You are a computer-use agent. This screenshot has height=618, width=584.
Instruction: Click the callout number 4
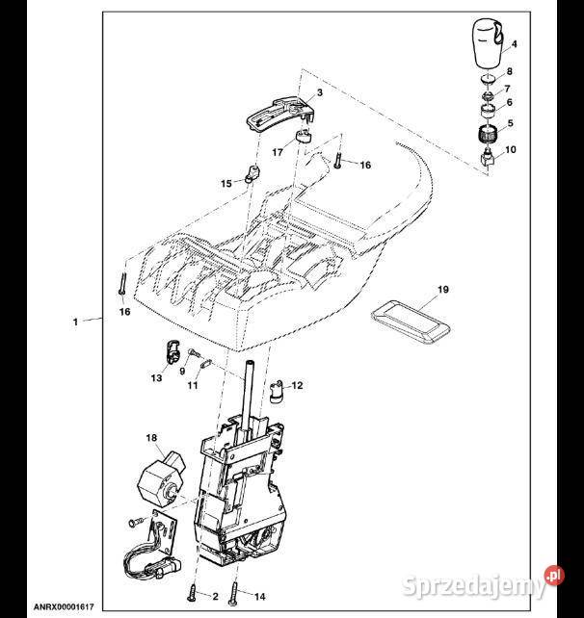515,44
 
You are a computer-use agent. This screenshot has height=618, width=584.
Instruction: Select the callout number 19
443,289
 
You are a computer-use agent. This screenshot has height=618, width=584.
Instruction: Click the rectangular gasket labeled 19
411,317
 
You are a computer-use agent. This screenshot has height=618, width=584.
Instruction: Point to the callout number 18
150,438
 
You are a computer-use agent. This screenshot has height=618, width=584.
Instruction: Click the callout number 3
319,92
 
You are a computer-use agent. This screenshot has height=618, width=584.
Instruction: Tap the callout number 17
277,151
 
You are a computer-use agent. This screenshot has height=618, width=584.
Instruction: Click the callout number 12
297,385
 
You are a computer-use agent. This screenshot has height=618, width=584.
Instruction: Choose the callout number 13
157,378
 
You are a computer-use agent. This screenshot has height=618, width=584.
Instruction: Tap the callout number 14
259,597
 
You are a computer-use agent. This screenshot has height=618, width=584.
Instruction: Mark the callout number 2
215,597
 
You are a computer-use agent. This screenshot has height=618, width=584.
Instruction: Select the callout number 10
511,150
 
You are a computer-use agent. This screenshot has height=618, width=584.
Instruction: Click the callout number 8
510,72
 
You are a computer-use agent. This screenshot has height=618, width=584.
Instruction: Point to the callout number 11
193,385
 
